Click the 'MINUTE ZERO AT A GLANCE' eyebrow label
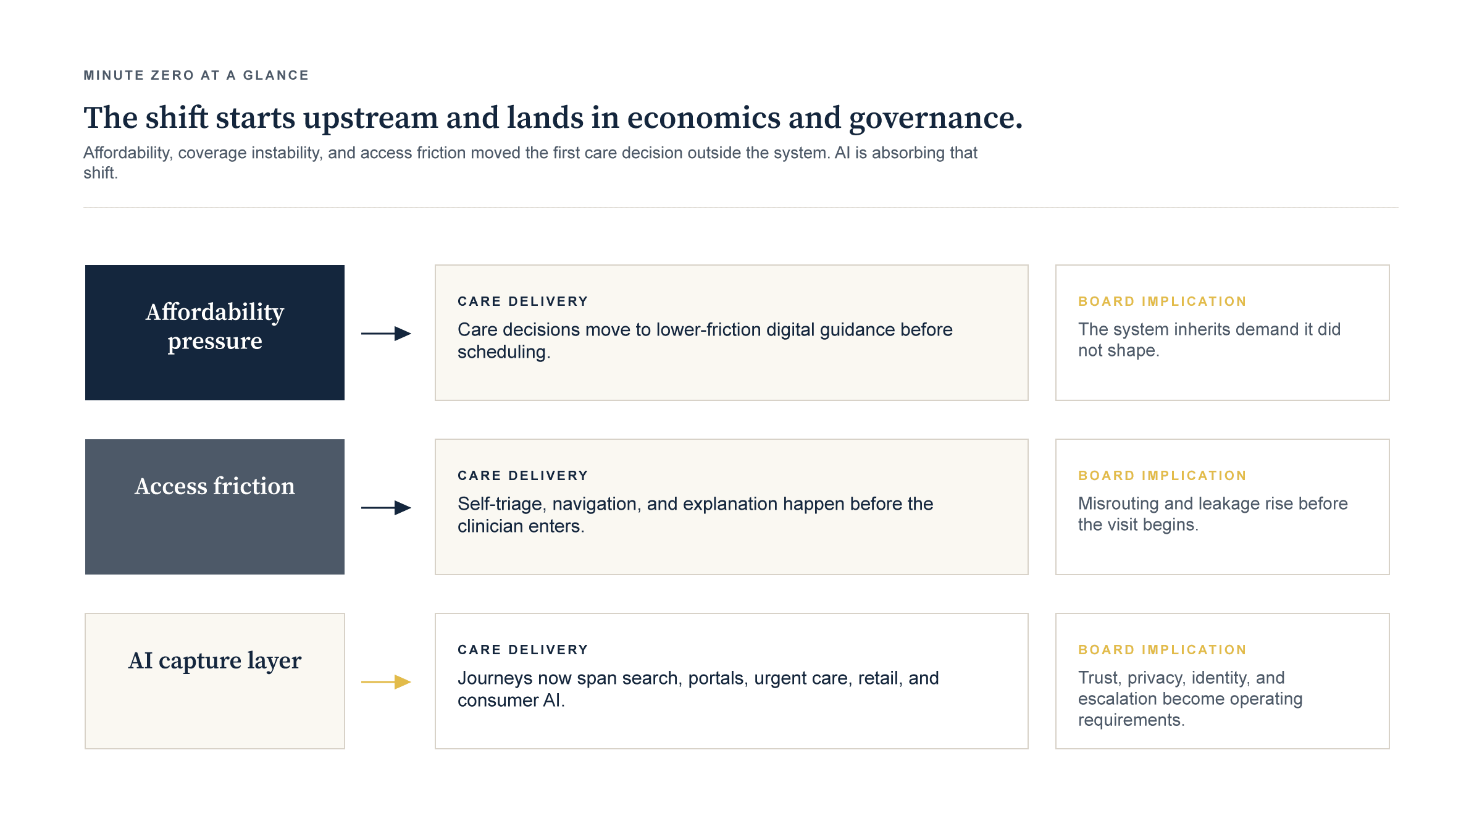pyautogui.click(x=196, y=75)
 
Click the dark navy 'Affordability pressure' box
pyautogui.click(x=215, y=332)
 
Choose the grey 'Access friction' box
pyautogui.click(x=215, y=507)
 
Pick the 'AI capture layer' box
pyautogui.click(x=215, y=681)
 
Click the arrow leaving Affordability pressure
pyautogui.click(x=386, y=334)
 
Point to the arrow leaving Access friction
pyautogui.click(x=386, y=508)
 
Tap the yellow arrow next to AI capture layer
pyautogui.click(x=386, y=682)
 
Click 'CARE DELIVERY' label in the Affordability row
pyautogui.click(x=523, y=301)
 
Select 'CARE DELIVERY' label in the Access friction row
pyautogui.click(x=523, y=476)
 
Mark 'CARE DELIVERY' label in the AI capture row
pyautogui.click(x=523, y=650)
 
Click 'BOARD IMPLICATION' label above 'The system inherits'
pyautogui.click(x=1162, y=301)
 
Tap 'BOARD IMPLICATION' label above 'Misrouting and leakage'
pyautogui.click(x=1162, y=476)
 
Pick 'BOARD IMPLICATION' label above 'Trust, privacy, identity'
pyautogui.click(x=1162, y=650)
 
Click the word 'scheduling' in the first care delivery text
pyautogui.click(x=502, y=352)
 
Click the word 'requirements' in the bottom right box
pyautogui.click(x=1129, y=720)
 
